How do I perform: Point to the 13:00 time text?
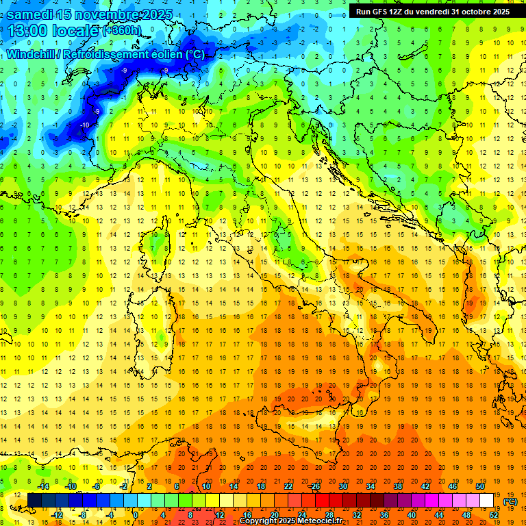pos(31,30)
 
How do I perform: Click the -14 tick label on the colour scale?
pos(44,486)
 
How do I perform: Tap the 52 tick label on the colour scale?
pos(494,514)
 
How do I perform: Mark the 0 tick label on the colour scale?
pos(135,514)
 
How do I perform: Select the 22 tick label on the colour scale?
pos(288,486)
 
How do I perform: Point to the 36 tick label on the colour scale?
pos(384,514)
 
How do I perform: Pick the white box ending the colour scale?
pos(487,500)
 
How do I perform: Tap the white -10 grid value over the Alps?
pos(85,124)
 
